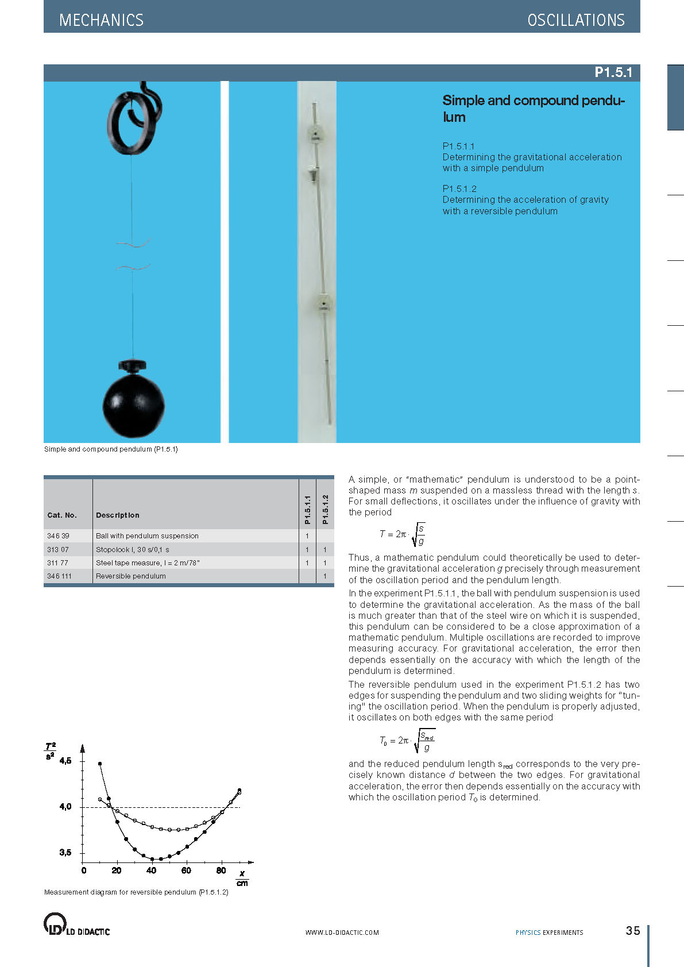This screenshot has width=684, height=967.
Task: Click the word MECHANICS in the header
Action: pyautogui.click(x=101, y=20)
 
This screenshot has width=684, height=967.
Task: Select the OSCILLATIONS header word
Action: pyautogui.click(x=575, y=20)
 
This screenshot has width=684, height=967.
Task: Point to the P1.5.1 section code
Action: pyautogui.click(x=613, y=72)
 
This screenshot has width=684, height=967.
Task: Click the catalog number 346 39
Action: pyautogui.click(x=58, y=536)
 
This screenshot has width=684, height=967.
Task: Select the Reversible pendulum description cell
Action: pyautogui.click(x=131, y=576)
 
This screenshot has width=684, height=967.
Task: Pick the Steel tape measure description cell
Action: pyautogui.click(x=148, y=563)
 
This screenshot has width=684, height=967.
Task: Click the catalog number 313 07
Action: pyautogui.click(x=58, y=550)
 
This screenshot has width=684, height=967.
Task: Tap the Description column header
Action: pyautogui.click(x=118, y=515)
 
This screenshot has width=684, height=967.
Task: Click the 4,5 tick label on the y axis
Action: pyautogui.click(x=65, y=761)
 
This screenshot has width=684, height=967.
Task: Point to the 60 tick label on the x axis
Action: pyautogui.click(x=186, y=870)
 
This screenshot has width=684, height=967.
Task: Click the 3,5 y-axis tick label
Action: pyautogui.click(x=65, y=853)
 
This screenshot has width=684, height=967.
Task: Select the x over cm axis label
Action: pyautogui.click(x=242, y=879)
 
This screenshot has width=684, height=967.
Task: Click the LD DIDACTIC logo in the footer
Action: pyautogui.click(x=77, y=924)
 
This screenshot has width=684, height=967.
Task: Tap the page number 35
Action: pyautogui.click(x=632, y=931)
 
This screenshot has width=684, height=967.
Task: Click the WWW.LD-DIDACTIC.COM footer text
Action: pyautogui.click(x=342, y=933)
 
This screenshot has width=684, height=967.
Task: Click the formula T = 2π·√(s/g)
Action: pyautogui.click(x=402, y=534)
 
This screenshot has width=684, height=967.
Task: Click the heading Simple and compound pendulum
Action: pyautogui.click(x=534, y=109)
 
